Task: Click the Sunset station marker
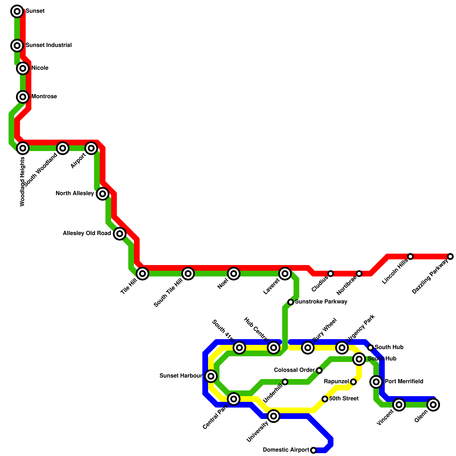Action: pyautogui.click(x=17, y=11)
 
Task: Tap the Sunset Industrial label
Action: pyautogui.click(x=48, y=45)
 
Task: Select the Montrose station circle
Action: pyautogui.click(x=23, y=97)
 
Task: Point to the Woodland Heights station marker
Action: pyautogui.click(x=23, y=148)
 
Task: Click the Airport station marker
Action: pyautogui.click(x=91, y=148)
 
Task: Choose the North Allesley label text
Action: pyautogui.click(x=75, y=194)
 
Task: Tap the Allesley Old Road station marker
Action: pyautogui.click(x=120, y=234)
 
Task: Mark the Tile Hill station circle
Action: pyautogui.click(x=142, y=274)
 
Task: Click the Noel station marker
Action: pyautogui.click(x=234, y=274)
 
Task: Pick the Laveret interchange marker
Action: pyautogui.click(x=285, y=274)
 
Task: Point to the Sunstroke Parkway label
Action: pyautogui.click(x=321, y=302)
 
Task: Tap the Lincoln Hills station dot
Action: pyautogui.click(x=410, y=256)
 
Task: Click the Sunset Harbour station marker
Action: pyautogui.click(x=211, y=376)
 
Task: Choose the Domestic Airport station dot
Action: pyautogui.click(x=313, y=450)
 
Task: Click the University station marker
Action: pyautogui.click(x=274, y=416)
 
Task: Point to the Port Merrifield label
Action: pyautogui.click(x=404, y=382)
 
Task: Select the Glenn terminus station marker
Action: pyautogui.click(x=433, y=404)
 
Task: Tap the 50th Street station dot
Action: pyautogui.click(x=325, y=399)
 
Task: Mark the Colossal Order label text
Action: pyautogui.click(x=294, y=370)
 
